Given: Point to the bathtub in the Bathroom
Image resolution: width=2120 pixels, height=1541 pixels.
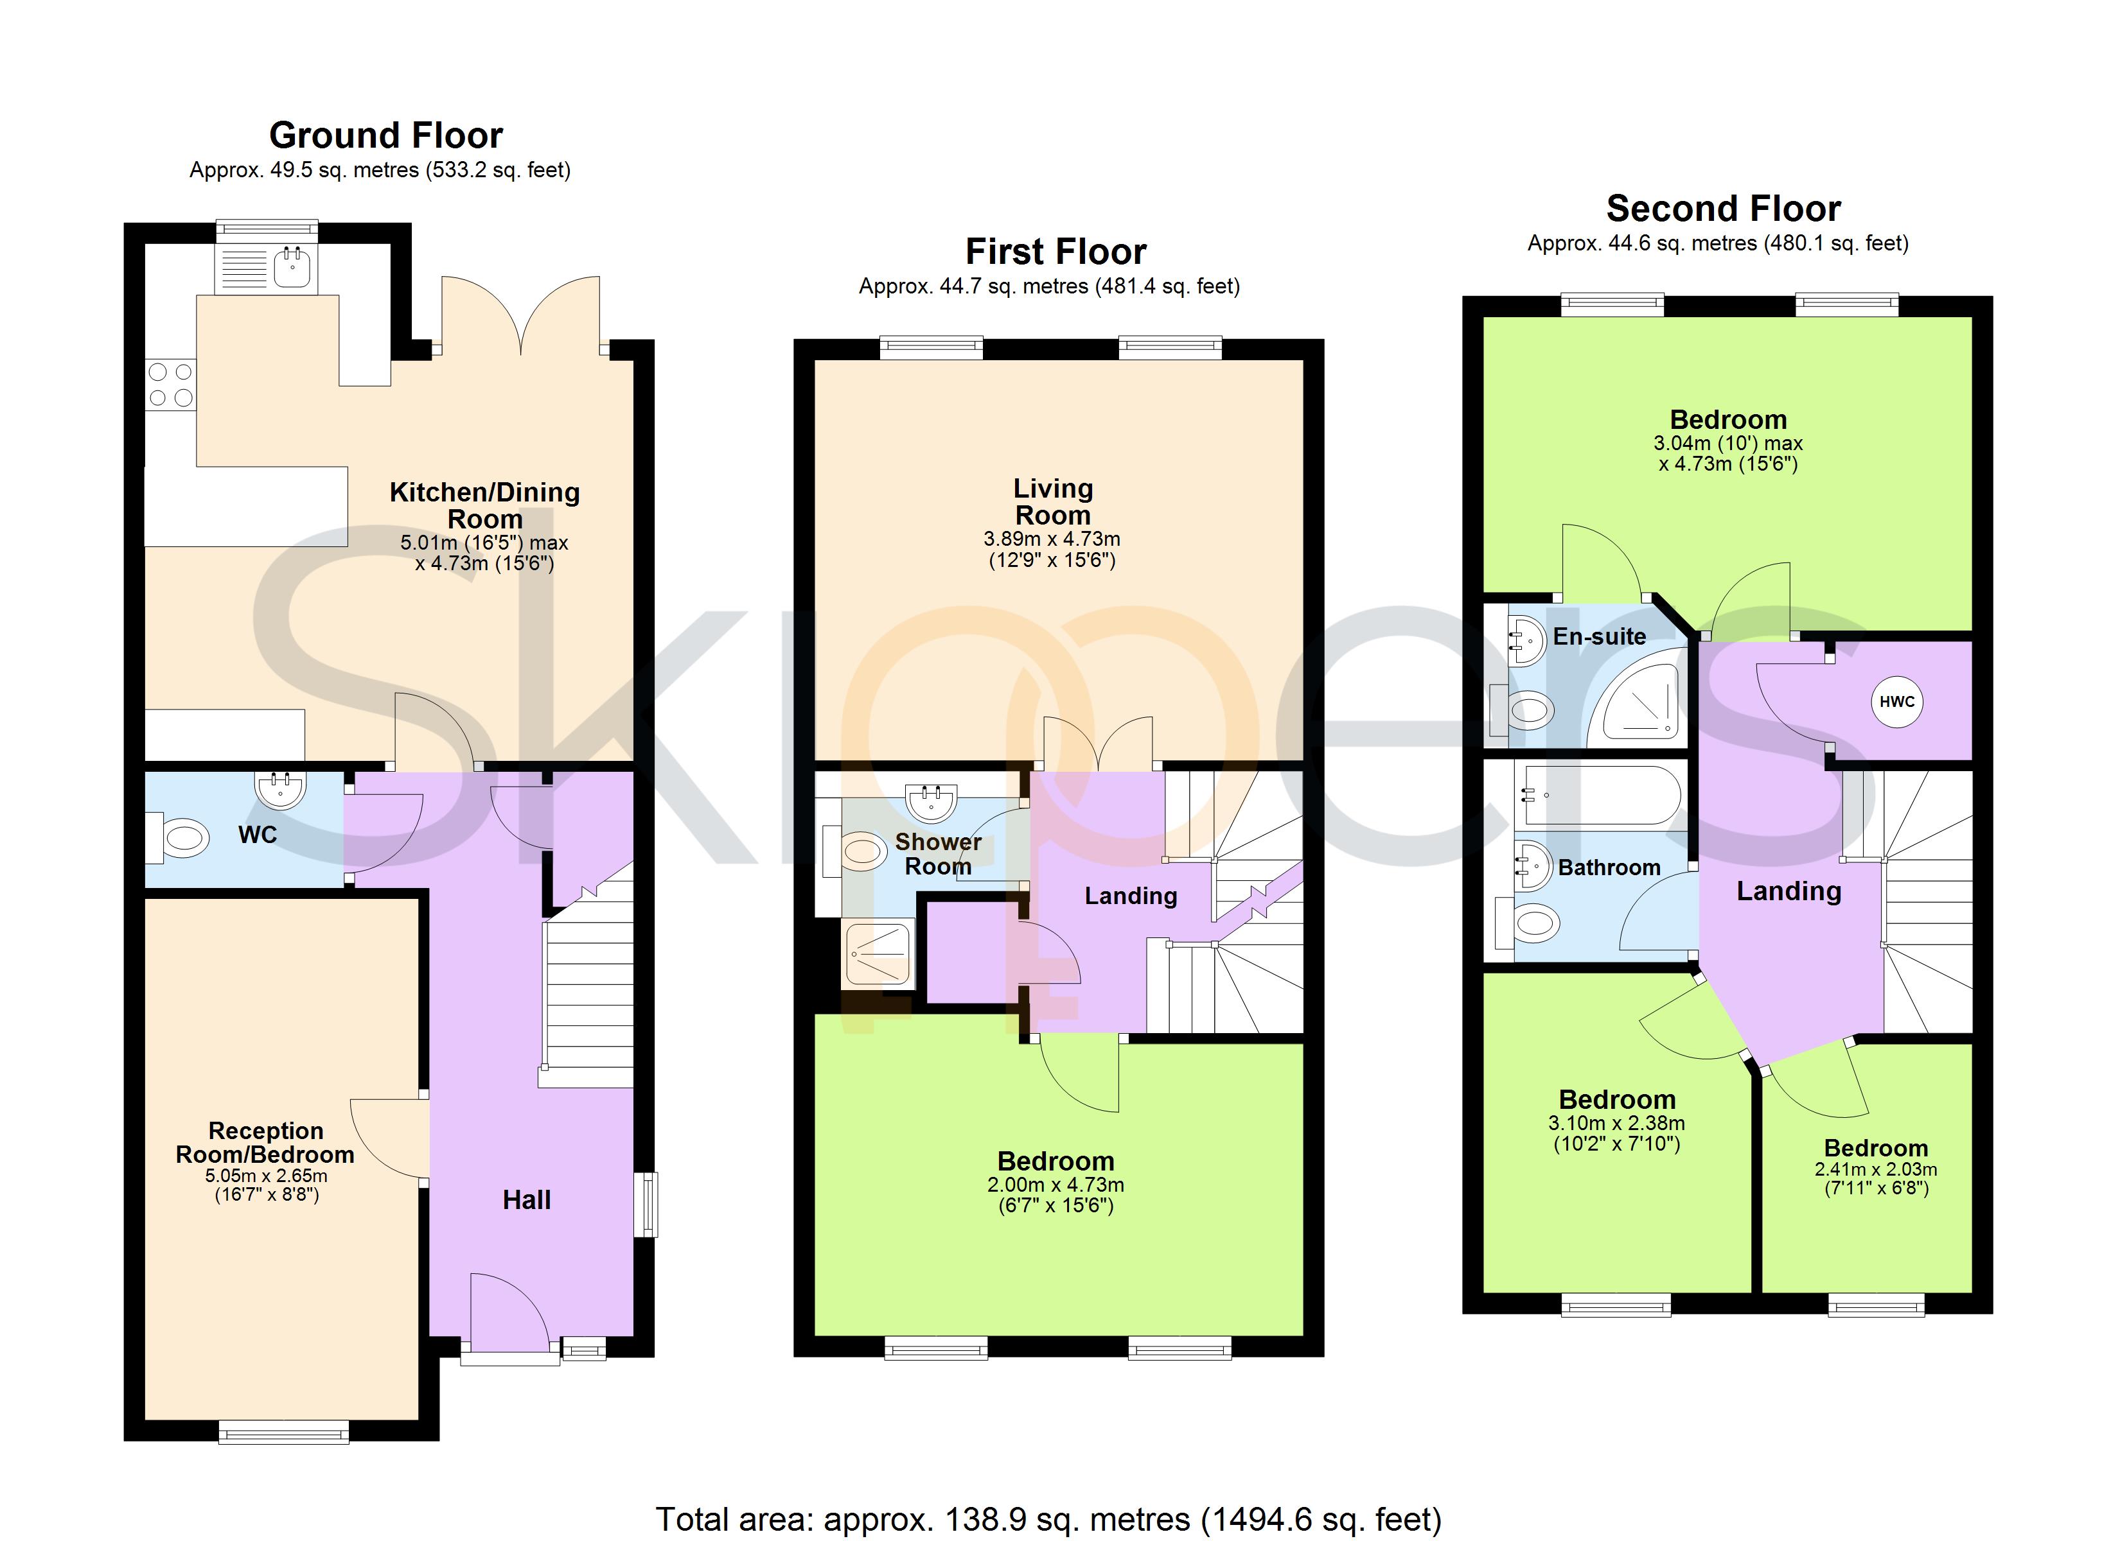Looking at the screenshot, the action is [1600, 794].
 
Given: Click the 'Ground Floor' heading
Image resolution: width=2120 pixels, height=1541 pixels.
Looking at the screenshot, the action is [386, 135].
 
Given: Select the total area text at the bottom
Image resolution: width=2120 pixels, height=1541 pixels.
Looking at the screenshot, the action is [1049, 1519].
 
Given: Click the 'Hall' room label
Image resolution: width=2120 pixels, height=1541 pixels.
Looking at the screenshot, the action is [527, 1200].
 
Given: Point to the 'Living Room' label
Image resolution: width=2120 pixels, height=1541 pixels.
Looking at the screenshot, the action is [1054, 502].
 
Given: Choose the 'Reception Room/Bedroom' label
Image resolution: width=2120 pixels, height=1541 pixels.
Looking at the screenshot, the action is [265, 1143].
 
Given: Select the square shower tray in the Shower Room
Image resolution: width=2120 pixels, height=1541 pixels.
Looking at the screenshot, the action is [878, 954].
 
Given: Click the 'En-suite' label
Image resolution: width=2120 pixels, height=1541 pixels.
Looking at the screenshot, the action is [1600, 636].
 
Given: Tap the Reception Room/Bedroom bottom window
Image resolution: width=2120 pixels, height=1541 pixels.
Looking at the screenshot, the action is [284, 1432].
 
